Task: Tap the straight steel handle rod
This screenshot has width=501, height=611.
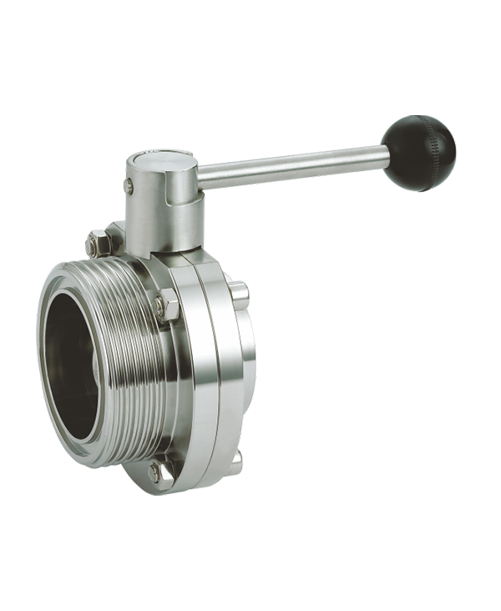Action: [x=292, y=168]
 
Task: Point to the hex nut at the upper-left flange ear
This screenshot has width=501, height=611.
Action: [x=95, y=245]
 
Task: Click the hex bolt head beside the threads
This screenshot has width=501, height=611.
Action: [x=167, y=305]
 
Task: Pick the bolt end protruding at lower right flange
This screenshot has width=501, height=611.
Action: [x=236, y=457]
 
